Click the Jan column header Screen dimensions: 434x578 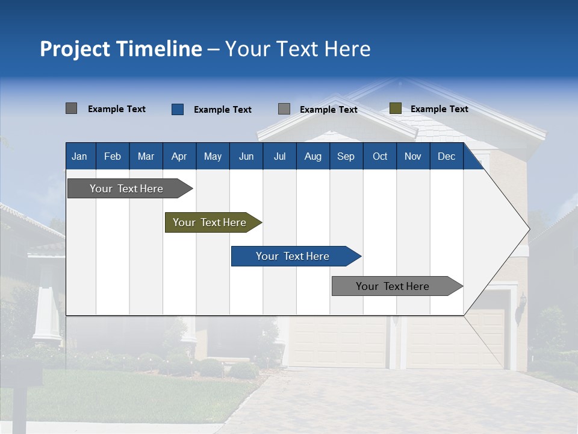tap(79, 156)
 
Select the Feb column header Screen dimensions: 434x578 tap(113, 156)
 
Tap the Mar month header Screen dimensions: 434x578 tap(146, 156)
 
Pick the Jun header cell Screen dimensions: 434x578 tap(246, 156)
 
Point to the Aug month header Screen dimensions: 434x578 tap(313, 156)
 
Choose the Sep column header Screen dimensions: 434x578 tap(346, 156)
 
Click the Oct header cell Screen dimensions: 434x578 tap(380, 156)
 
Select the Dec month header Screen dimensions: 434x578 tap(447, 156)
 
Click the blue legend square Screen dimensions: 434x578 tap(178, 109)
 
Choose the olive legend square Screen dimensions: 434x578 tap(396, 108)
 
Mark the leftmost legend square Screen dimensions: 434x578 tap(72, 108)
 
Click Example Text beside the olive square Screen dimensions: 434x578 tap(439, 109)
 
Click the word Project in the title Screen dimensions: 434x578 tap(75, 49)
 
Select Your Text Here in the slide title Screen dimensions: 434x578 tap(298, 49)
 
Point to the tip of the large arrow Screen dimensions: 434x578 tap(529, 228)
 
